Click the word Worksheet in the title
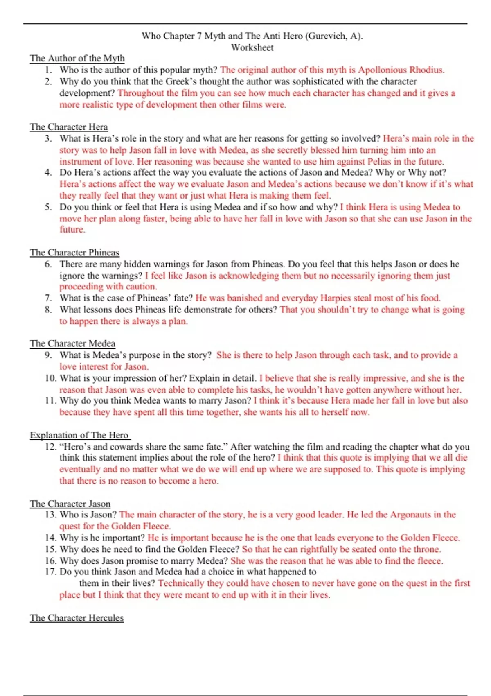tap(252, 47)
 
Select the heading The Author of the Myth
tap(77, 58)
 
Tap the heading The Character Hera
tap(69, 127)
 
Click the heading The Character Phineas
tap(74, 253)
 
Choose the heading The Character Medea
tap(72, 343)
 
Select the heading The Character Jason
tap(70, 504)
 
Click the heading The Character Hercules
tap(77, 618)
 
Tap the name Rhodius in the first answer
tap(426, 70)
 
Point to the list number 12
tap(51, 447)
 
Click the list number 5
tap(48, 207)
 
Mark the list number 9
tap(48, 355)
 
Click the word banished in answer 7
tap(240, 298)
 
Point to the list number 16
tap(51, 561)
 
